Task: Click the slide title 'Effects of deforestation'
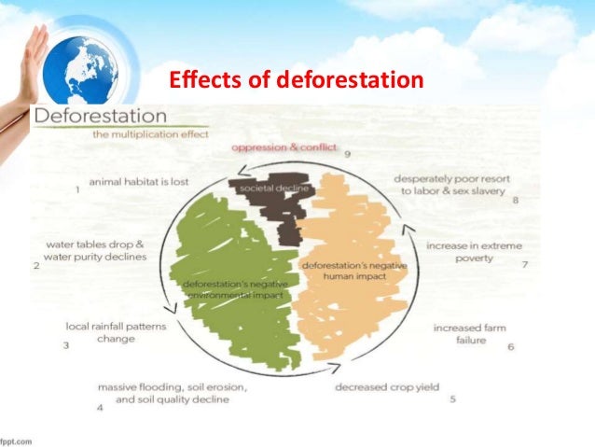click(x=296, y=83)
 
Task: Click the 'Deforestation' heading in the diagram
click(x=101, y=119)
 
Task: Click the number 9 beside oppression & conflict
click(x=346, y=155)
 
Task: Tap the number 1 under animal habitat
click(x=76, y=190)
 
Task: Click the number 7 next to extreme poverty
click(x=525, y=264)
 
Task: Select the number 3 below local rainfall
click(x=66, y=346)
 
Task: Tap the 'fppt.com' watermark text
click(x=16, y=440)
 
